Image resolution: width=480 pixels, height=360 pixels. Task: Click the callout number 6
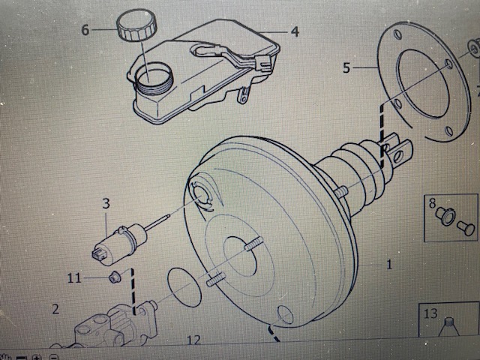point(85,30)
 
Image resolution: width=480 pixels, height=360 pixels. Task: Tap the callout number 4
point(295,31)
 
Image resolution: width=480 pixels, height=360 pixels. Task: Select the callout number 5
point(346,67)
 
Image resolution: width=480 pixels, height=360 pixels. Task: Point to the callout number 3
point(106,203)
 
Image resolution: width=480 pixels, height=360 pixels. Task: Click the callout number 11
point(74,278)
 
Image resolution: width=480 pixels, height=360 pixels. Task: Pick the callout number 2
point(55,309)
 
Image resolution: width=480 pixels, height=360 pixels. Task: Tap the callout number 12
point(194,340)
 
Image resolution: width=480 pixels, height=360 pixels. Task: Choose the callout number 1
point(389,265)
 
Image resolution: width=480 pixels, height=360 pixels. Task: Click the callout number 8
point(432,203)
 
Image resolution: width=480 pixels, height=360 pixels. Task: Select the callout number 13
point(430,313)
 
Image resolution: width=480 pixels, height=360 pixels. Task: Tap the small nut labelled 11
point(115,277)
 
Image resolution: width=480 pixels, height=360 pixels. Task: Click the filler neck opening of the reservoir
point(154,76)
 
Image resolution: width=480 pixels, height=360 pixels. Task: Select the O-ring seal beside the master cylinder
point(184,287)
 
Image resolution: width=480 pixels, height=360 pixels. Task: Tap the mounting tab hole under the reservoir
point(243,98)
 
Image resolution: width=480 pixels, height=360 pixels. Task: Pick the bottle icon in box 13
point(448,328)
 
